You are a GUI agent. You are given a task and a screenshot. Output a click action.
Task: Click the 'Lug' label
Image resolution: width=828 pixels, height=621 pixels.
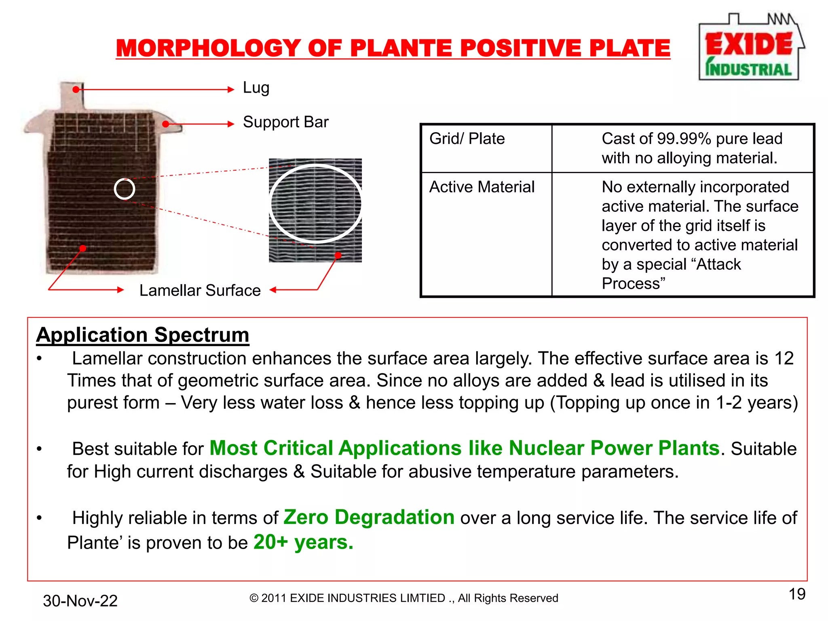pyautogui.click(x=256, y=88)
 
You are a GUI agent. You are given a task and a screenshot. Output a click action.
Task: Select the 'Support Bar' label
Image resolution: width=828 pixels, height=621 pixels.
pyautogui.click(x=285, y=122)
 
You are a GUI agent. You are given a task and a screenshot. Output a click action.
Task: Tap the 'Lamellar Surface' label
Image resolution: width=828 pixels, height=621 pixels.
pyautogui.click(x=200, y=290)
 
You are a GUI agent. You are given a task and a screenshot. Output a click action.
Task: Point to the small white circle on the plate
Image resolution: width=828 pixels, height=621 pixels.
pyautogui.click(x=124, y=189)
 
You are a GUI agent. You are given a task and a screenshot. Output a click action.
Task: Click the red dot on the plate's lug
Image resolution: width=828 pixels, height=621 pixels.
pyautogui.click(x=76, y=89)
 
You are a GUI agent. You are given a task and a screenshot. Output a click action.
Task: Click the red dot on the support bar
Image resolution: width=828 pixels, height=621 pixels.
pyautogui.click(x=165, y=124)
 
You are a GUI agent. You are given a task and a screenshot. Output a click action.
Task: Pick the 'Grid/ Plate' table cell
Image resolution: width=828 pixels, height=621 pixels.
pyautogui.click(x=467, y=139)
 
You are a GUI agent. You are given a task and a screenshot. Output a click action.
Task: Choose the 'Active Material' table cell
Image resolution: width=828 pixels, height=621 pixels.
pyautogui.click(x=482, y=187)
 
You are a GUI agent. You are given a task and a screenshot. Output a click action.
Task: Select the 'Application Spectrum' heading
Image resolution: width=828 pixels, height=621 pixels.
pyautogui.click(x=143, y=335)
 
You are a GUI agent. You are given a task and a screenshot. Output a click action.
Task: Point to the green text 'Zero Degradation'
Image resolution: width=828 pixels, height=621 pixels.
pyautogui.click(x=369, y=517)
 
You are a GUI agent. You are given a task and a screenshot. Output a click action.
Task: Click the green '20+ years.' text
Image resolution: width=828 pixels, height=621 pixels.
pyautogui.click(x=303, y=542)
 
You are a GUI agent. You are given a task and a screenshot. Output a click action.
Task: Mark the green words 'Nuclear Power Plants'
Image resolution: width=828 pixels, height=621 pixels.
pyautogui.click(x=614, y=448)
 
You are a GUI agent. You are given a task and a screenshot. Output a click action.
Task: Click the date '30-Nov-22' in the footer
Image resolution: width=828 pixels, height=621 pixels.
pyautogui.click(x=80, y=601)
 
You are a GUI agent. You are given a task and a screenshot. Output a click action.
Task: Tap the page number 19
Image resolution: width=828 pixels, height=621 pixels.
pyautogui.click(x=797, y=594)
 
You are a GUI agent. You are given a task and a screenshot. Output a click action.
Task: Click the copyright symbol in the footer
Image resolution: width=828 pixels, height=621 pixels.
pyautogui.click(x=254, y=598)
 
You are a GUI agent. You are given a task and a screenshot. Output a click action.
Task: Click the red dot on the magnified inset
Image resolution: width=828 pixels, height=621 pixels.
pyautogui.click(x=338, y=255)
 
